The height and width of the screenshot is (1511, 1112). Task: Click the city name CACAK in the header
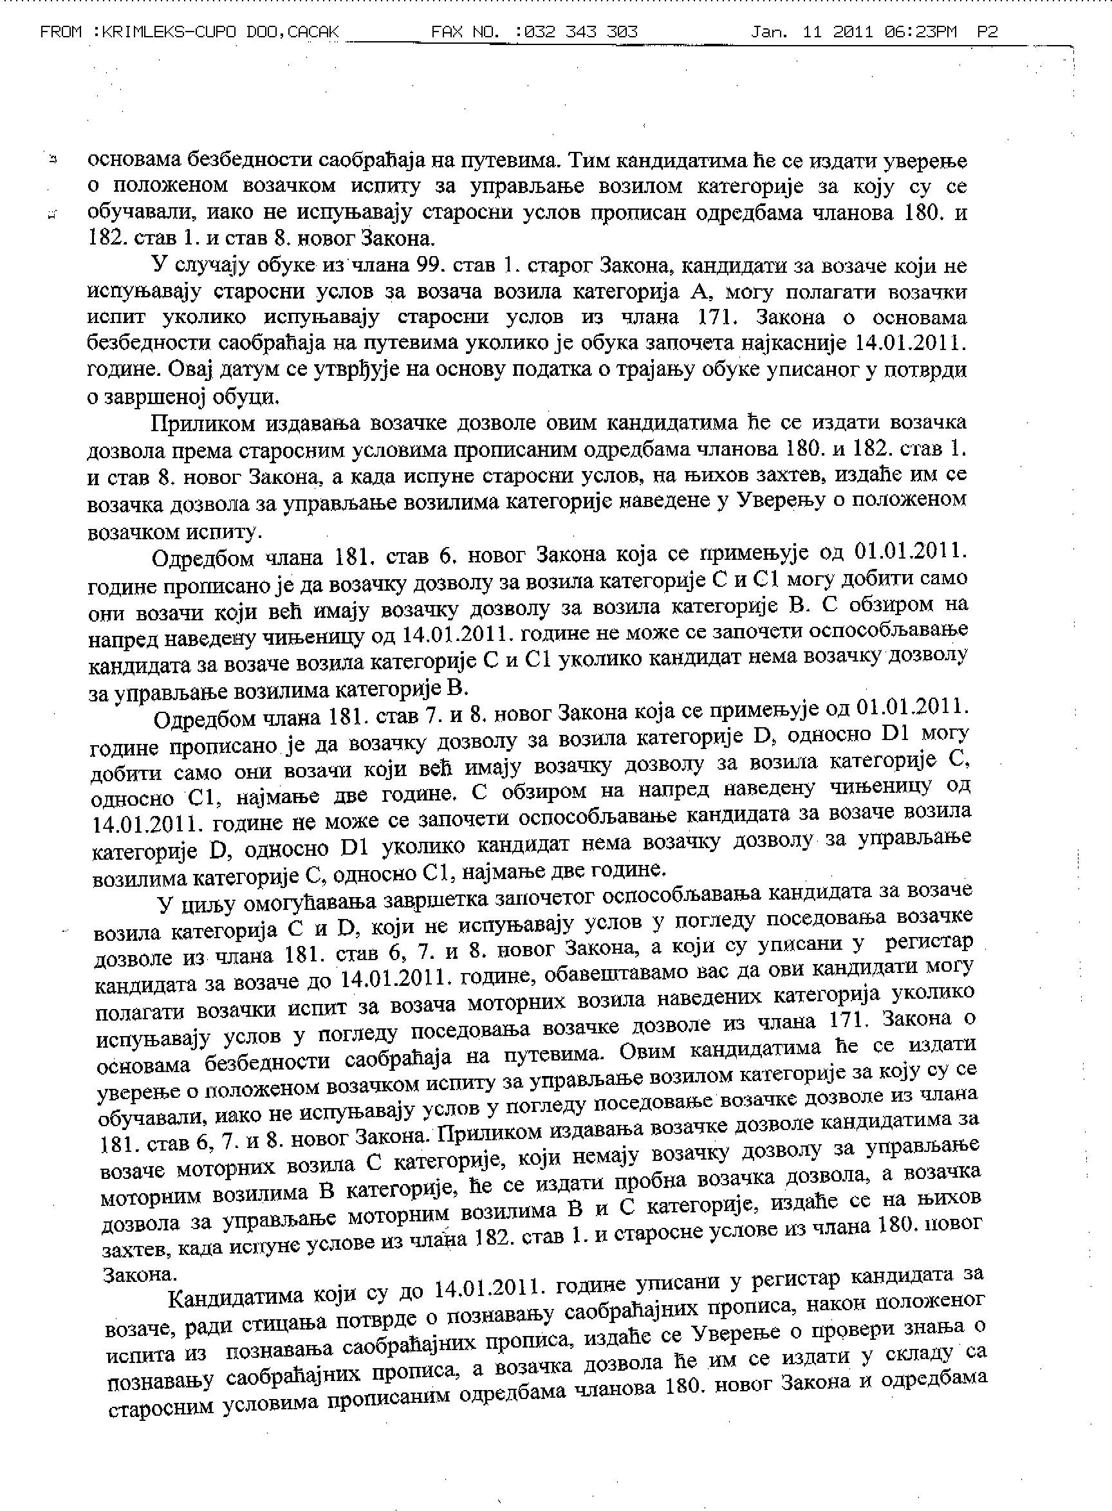tap(312, 32)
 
